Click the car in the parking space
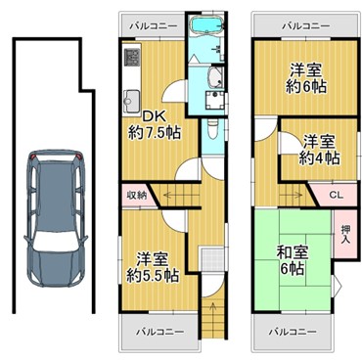click(x=56, y=218)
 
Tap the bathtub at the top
click(x=207, y=24)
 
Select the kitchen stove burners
click(x=132, y=57)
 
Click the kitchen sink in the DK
click(x=132, y=100)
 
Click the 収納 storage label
click(x=137, y=196)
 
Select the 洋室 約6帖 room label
click(x=306, y=78)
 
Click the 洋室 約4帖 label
click(x=320, y=151)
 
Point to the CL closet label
click(x=336, y=195)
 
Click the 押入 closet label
click(x=345, y=234)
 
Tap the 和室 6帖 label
click(x=292, y=261)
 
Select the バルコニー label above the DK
click(x=154, y=26)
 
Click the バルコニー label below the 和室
click(x=293, y=332)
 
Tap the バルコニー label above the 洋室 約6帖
click(x=306, y=25)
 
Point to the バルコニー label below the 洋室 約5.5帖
click(x=159, y=332)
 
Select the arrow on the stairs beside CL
click(x=292, y=196)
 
